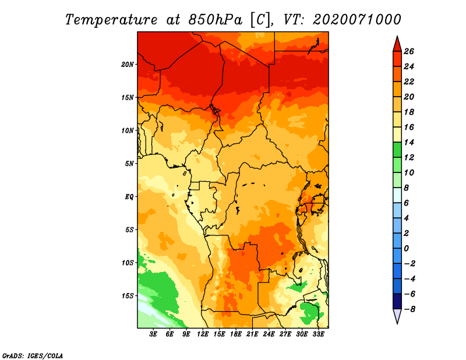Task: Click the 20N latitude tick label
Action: pyautogui.click(x=127, y=64)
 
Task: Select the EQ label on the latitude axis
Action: pyautogui.click(x=129, y=196)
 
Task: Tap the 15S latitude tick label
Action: pyautogui.click(x=127, y=296)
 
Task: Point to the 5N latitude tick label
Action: pyautogui.click(x=129, y=164)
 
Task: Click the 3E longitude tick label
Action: pyautogui.click(x=153, y=334)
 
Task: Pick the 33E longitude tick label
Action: pyautogui.click(x=318, y=334)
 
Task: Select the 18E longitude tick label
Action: pyautogui.click(x=236, y=334)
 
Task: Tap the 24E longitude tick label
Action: pyautogui.click(x=269, y=334)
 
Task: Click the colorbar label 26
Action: pyautogui.click(x=409, y=51)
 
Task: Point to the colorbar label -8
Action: pyautogui.click(x=409, y=309)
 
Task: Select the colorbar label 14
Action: pyautogui.click(x=409, y=142)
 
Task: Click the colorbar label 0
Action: pyautogui.click(x=406, y=249)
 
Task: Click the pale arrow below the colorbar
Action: pyautogui.click(x=397, y=316)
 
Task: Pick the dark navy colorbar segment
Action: pyautogui.click(x=397, y=301)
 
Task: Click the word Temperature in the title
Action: pyautogui.click(x=111, y=20)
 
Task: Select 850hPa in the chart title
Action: pyautogui.click(x=216, y=20)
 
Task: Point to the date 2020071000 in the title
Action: pyautogui.click(x=357, y=20)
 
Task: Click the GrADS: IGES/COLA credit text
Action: pyautogui.click(x=33, y=355)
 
